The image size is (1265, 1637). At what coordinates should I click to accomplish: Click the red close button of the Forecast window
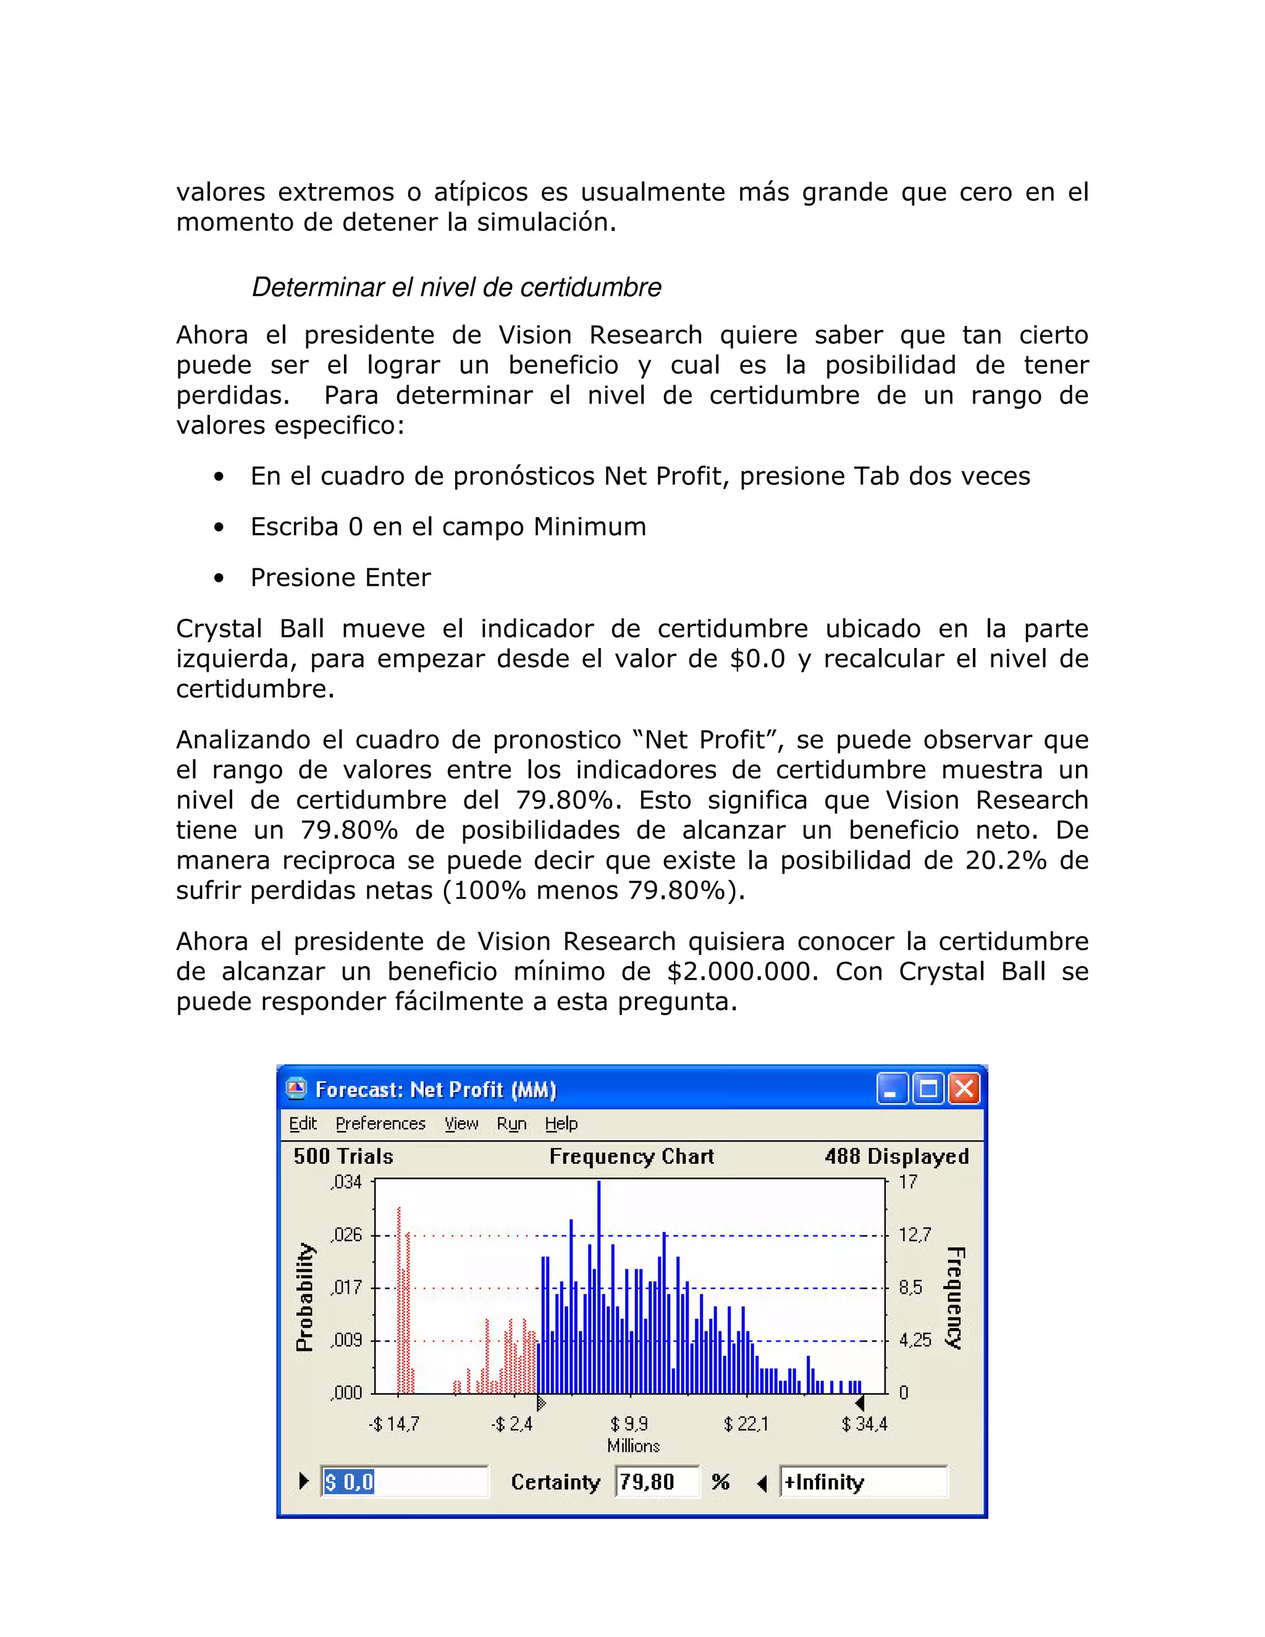[964, 1089]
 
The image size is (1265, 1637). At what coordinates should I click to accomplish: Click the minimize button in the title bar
[892, 1089]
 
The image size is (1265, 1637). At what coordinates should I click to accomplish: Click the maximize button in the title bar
[928, 1089]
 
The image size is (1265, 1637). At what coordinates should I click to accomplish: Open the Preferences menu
[380, 1124]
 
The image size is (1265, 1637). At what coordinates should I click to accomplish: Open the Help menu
[561, 1124]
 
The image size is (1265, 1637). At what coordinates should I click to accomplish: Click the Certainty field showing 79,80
[656, 1482]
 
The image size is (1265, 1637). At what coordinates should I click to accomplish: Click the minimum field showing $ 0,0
[403, 1482]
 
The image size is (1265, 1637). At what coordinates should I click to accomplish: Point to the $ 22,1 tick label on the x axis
[746, 1423]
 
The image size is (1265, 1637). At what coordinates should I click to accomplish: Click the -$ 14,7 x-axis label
[394, 1423]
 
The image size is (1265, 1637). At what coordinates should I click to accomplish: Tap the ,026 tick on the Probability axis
[347, 1234]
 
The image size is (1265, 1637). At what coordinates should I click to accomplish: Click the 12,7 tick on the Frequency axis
[914, 1234]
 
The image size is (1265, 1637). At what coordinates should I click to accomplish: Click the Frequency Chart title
[631, 1156]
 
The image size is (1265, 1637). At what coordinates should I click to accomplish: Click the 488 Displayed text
[896, 1156]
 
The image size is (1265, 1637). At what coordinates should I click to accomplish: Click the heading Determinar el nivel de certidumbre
[456, 287]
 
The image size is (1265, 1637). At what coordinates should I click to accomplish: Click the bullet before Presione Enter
[219, 578]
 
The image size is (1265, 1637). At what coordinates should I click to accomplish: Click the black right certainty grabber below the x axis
[860, 1402]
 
